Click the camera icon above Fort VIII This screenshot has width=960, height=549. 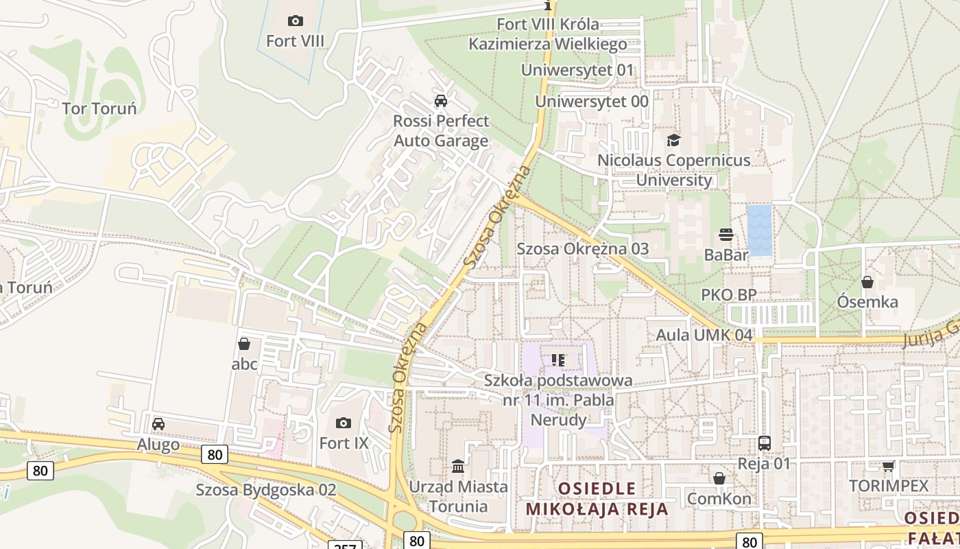296,21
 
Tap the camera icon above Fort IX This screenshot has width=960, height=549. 344,423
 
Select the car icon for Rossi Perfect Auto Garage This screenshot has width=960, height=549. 441,101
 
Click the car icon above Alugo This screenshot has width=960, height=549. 158,423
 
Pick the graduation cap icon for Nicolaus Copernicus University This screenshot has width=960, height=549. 674,140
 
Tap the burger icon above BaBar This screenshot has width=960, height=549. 726,235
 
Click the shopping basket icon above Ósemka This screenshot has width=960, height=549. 867,282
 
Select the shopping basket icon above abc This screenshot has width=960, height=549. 244,344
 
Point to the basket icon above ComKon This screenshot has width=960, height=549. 719,478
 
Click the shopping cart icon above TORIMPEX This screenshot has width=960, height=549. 888,467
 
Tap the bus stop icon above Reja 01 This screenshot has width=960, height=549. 765,443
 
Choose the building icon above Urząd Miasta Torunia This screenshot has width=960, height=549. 458,467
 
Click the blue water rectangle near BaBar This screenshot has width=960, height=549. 759,230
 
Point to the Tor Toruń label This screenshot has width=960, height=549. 99,108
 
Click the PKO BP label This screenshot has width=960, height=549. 728,295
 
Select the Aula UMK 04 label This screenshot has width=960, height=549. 704,335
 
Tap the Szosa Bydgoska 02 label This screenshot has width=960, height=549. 266,490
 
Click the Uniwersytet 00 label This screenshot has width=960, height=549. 592,102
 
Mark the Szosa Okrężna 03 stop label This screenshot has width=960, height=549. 583,248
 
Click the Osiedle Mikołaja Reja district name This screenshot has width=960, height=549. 597,499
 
